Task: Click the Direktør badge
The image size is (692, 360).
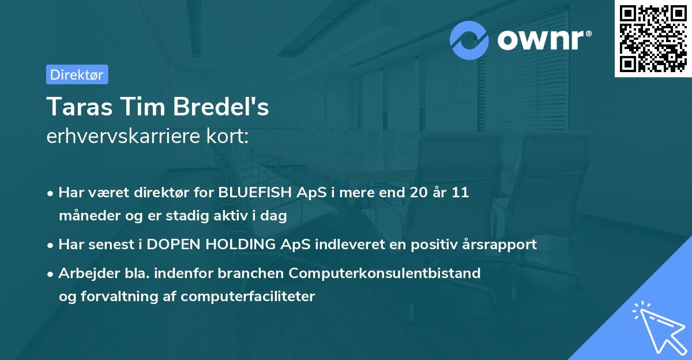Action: [x=77, y=74]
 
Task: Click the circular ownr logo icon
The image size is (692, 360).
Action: [x=469, y=40]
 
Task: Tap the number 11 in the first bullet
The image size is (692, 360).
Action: [x=460, y=193]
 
